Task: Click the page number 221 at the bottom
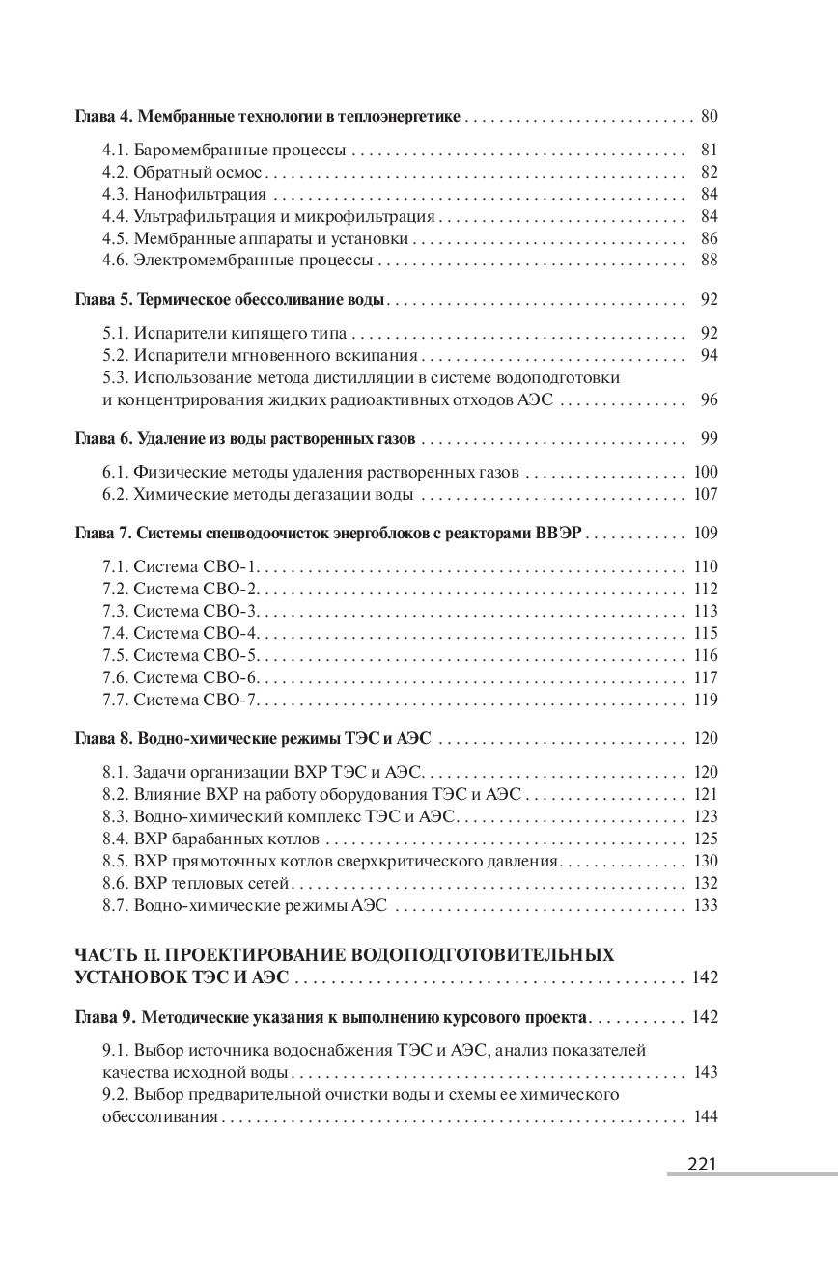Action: click(701, 1164)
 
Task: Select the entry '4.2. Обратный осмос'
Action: click(182, 172)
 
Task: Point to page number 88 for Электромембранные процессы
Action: click(709, 260)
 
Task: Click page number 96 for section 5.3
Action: click(709, 400)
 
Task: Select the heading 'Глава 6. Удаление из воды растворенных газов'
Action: click(245, 439)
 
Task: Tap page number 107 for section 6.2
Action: click(706, 495)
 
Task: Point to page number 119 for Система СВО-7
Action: click(706, 700)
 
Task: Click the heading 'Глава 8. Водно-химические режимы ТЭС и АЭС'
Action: click(253, 739)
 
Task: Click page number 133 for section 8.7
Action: click(706, 905)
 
